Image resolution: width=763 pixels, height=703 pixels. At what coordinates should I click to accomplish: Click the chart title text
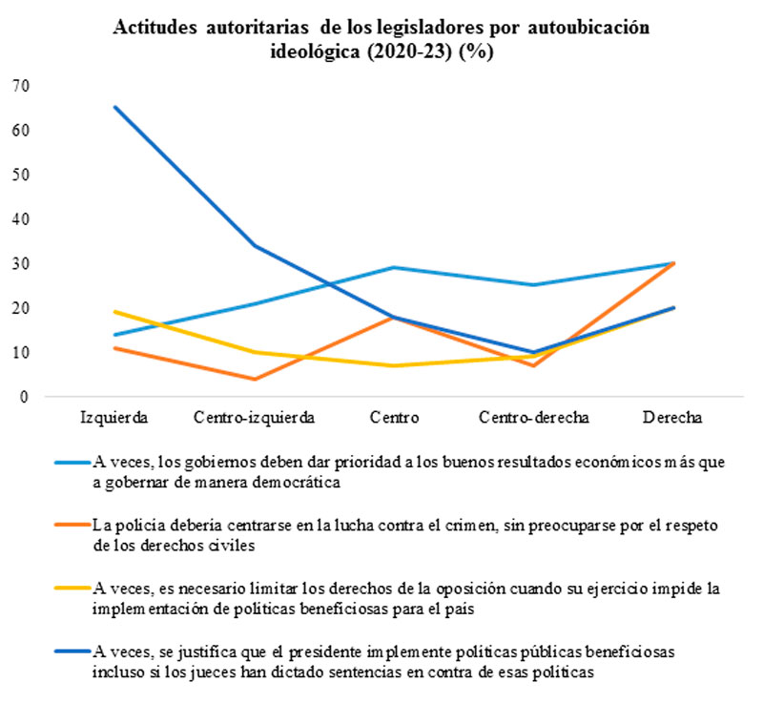[x=381, y=39]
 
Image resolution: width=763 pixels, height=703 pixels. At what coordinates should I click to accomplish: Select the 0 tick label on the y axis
[x=26, y=397]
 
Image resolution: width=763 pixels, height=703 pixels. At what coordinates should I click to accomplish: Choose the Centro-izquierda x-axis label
[x=254, y=417]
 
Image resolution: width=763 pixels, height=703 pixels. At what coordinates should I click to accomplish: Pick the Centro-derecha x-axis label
[x=535, y=417]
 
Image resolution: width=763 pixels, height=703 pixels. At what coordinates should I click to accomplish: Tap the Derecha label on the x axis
[x=673, y=417]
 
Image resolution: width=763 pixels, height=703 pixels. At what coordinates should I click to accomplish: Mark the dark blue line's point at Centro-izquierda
[x=254, y=245]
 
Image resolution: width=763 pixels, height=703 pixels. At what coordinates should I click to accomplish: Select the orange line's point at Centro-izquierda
[x=254, y=379]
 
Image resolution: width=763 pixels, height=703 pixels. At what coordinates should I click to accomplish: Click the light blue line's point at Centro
[x=395, y=267]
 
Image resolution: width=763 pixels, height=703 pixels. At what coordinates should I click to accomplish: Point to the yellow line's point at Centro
[x=395, y=365]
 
